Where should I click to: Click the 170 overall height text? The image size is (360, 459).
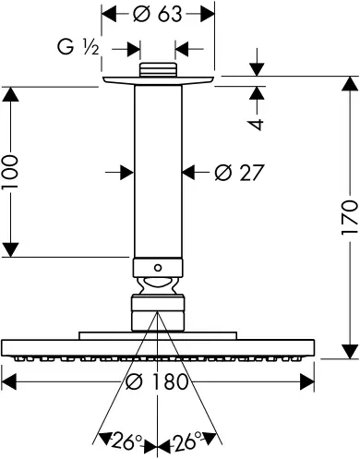(x=349, y=219)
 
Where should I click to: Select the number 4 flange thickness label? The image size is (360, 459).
(x=260, y=124)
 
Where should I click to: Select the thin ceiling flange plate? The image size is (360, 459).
(x=158, y=81)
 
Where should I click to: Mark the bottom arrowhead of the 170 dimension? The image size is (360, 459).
(x=349, y=354)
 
